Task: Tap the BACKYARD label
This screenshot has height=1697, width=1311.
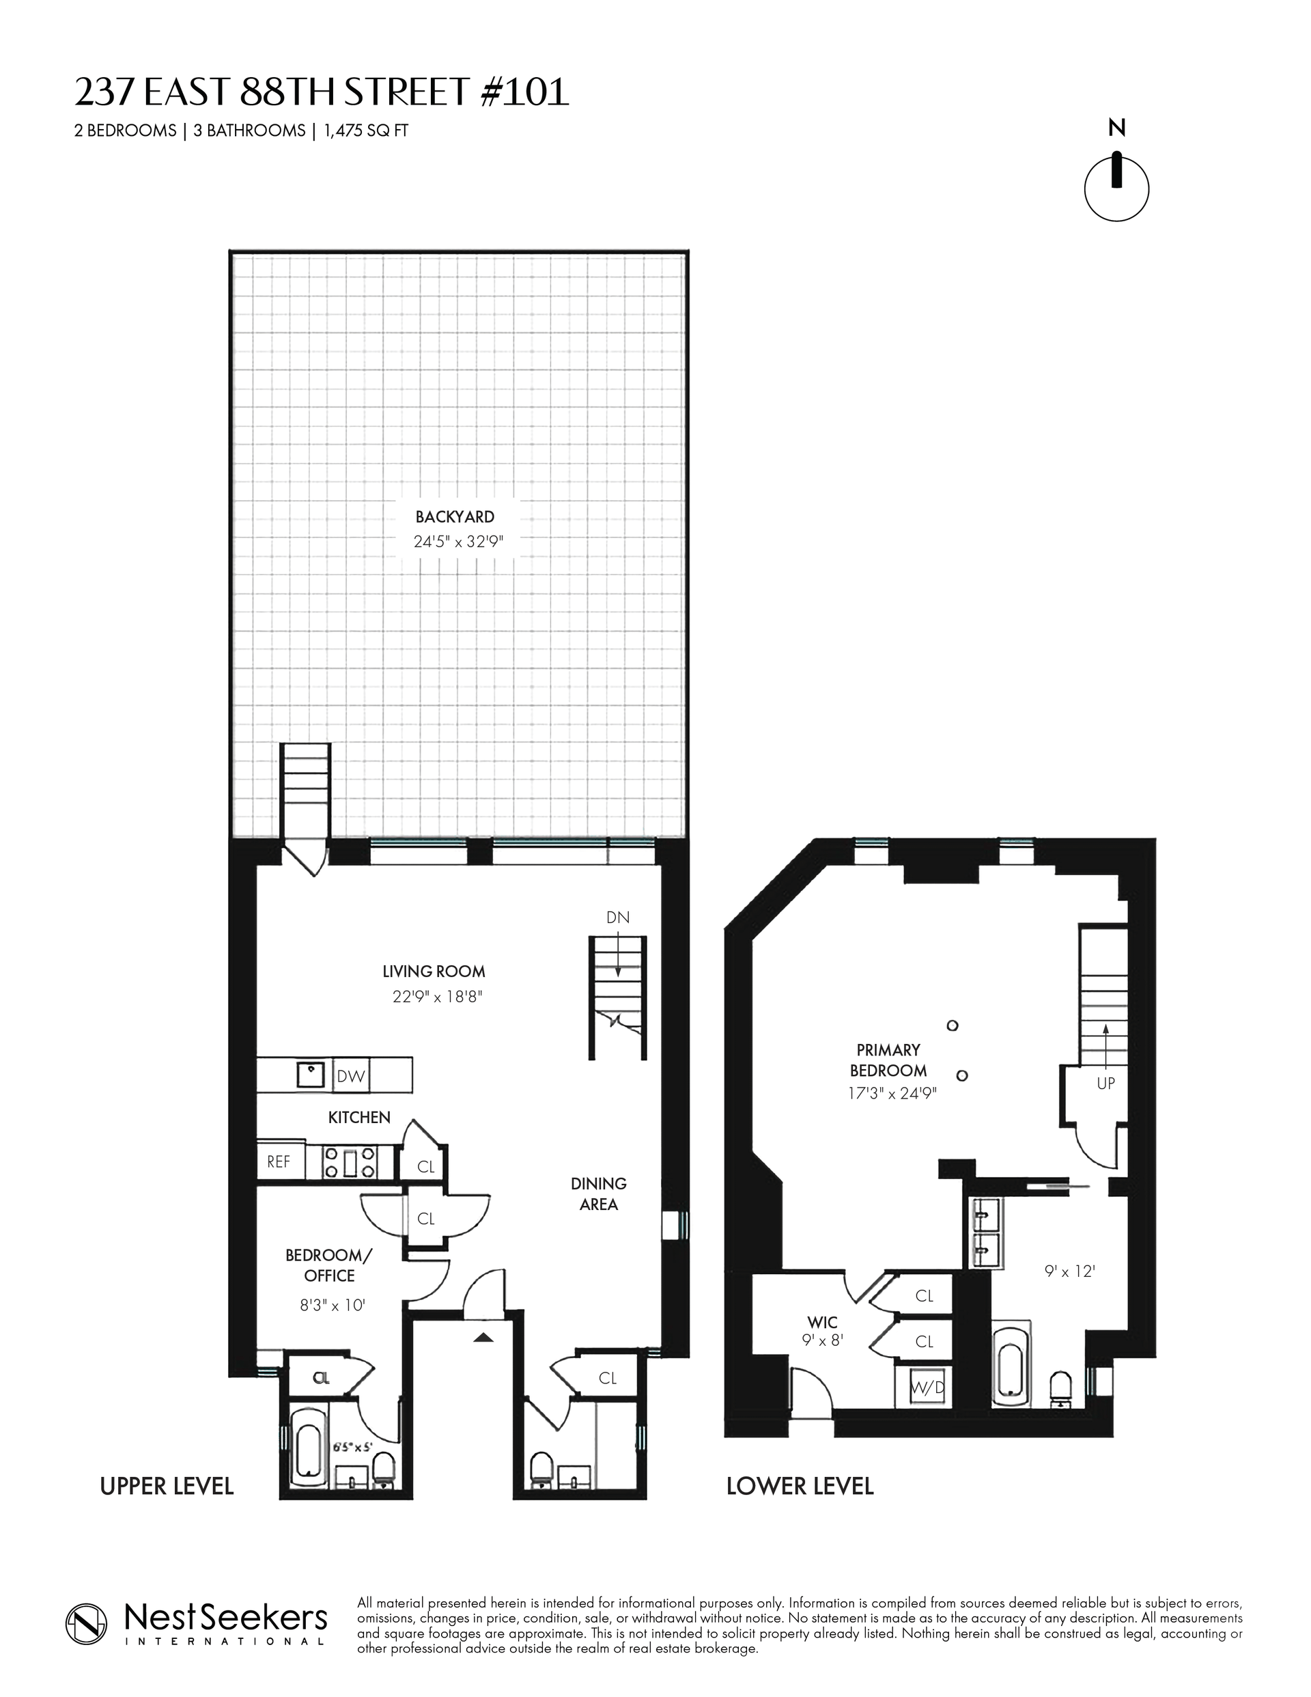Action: (x=454, y=516)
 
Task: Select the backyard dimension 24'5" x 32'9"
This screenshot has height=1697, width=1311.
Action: (x=458, y=542)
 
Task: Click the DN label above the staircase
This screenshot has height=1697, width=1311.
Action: (x=617, y=918)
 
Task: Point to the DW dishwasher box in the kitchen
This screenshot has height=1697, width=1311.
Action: (x=351, y=1076)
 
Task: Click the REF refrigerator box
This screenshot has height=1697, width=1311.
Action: (x=279, y=1161)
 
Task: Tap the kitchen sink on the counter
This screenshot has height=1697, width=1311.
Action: (x=311, y=1075)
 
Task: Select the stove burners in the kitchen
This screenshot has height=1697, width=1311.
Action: (x=350, y=1162)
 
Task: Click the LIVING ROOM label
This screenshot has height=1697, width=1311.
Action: (x=434, y=971)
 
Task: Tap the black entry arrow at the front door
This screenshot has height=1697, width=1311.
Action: (x=483, y=1337)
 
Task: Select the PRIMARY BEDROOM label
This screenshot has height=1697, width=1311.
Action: (x=888, y=1060)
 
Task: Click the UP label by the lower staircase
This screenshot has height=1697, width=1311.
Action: (x=1105, y=1083)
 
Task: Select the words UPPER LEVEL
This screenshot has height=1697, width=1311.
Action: (x=167, y=1487)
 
